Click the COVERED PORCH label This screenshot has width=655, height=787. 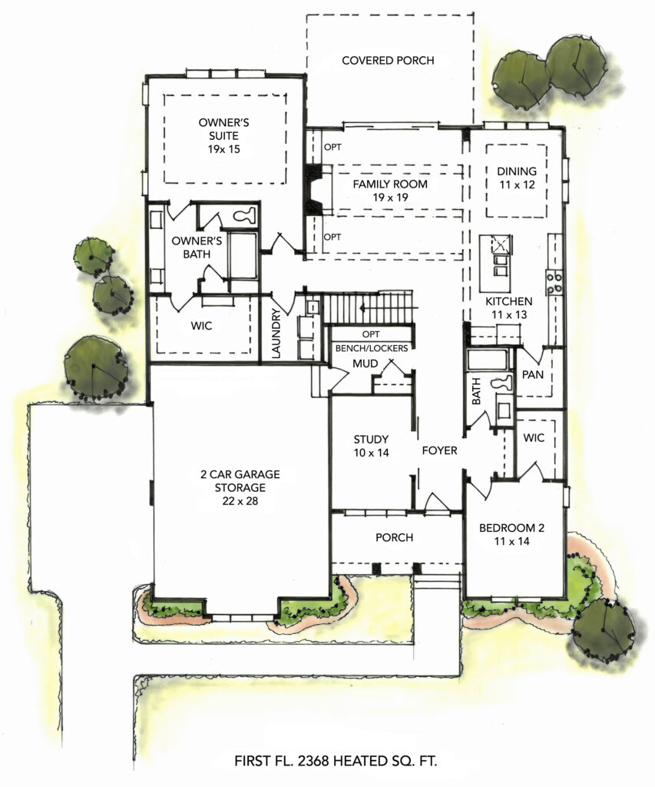(388, 60)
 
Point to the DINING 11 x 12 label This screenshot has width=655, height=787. (517, 178)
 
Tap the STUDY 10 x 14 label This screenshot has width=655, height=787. (371, 446)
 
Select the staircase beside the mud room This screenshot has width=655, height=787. (369, 307)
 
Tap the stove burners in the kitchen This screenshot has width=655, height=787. (554, 283)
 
